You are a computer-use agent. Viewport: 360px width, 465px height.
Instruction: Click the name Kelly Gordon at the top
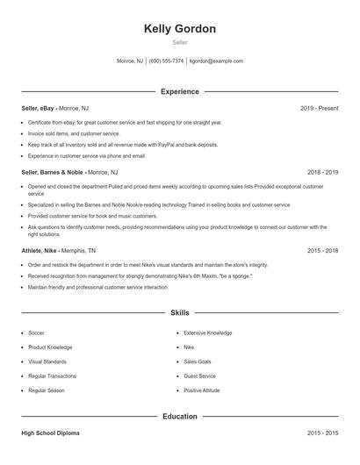click(180, 28)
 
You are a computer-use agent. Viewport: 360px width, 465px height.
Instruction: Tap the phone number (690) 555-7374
click(166, 61)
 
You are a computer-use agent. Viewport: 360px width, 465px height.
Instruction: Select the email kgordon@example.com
click(216, 61)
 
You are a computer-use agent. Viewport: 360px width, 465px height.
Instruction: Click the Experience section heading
click(180, 91)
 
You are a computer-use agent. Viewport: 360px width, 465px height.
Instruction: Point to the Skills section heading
click(180, 312)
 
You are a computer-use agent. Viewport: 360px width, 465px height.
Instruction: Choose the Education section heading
click(180, 417)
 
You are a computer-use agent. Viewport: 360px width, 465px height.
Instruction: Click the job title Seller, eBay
click(41, 108)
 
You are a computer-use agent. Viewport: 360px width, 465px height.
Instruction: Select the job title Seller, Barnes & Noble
click(54, 173)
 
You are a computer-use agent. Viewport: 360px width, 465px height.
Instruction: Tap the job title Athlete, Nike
click(40, 250)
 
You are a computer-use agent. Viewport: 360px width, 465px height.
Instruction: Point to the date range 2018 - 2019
click(322, 173)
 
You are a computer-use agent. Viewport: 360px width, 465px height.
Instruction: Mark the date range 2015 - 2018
click(322, 250)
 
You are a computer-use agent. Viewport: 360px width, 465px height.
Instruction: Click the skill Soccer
click(36, 333)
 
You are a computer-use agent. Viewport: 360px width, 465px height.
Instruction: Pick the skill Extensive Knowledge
click(207, 333)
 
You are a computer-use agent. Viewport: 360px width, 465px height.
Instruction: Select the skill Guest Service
click(199, 376)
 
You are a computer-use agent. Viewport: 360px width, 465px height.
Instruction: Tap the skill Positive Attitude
click(201, 390)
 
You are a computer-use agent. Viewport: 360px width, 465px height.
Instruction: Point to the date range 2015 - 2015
click(322, 433)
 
